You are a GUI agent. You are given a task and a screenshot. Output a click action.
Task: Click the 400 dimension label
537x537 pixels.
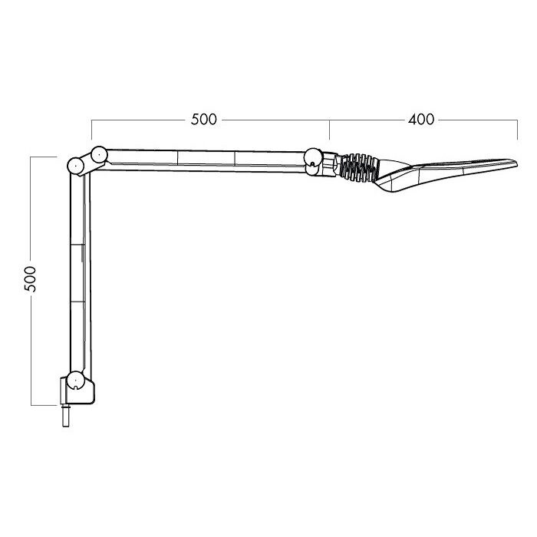421,120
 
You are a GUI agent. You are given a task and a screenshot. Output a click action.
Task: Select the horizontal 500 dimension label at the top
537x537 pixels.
203,120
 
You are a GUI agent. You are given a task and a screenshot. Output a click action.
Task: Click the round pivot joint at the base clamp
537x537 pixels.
74,381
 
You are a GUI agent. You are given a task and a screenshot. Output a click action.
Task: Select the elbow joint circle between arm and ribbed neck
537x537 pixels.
313,158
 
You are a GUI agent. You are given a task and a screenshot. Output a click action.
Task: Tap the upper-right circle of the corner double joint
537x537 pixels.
97,154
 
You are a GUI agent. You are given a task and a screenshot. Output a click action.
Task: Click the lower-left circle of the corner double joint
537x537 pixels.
76,165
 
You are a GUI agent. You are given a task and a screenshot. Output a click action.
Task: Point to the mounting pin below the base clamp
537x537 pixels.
68,417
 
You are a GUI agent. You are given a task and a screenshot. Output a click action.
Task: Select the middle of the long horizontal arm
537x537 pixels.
206,160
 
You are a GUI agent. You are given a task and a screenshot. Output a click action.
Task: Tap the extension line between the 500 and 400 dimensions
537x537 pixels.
330,130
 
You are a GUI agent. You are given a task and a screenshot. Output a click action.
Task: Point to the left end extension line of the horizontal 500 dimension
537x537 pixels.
91,130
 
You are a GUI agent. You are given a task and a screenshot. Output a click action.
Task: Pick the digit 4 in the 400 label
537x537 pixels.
413,120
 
